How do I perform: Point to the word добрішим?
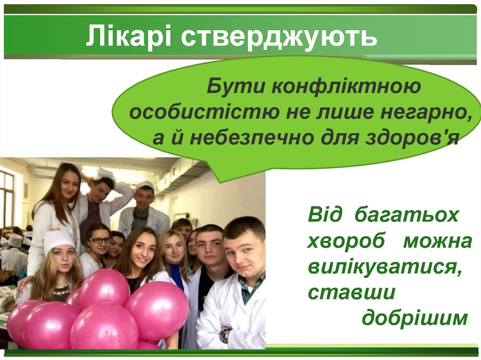(415, 319)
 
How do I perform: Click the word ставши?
(352, 293)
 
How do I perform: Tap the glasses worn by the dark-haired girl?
(101, 240)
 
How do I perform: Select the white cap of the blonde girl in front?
(58, 239)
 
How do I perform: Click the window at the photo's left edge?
(7, 197)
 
